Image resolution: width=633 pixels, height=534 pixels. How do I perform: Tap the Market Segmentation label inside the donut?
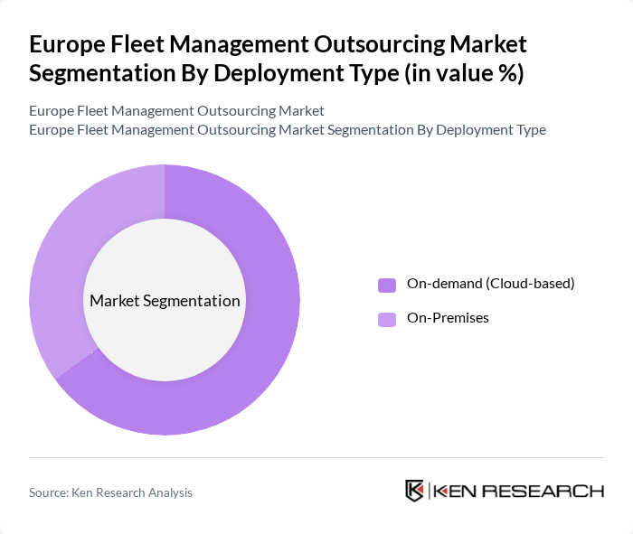(x=165, y=301)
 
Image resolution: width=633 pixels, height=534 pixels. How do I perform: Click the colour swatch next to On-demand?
(x=387, y=285)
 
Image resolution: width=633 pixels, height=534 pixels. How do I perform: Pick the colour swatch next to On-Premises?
(x=387, y=319)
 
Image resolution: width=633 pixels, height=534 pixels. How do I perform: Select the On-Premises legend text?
(x=448, y=318)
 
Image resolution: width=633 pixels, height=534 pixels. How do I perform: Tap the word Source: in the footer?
(x=50, y=492)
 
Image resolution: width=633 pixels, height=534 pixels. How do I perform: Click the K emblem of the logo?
(x=415, y=491)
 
